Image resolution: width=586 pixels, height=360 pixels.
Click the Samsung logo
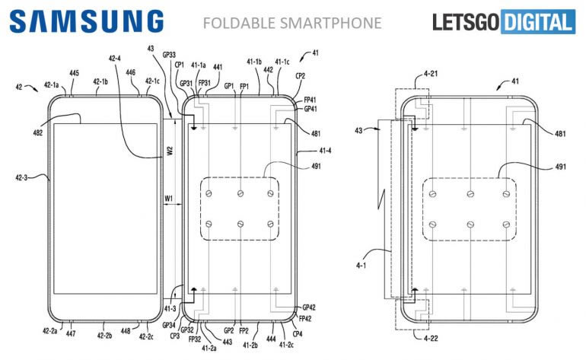click(87, 21)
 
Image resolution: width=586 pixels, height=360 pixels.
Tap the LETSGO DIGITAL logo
click(503, 22)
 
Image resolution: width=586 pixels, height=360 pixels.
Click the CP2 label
click(300, 76)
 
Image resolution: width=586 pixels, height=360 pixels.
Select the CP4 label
click(296, 333)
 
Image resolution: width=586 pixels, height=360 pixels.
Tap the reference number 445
click(73, 74)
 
